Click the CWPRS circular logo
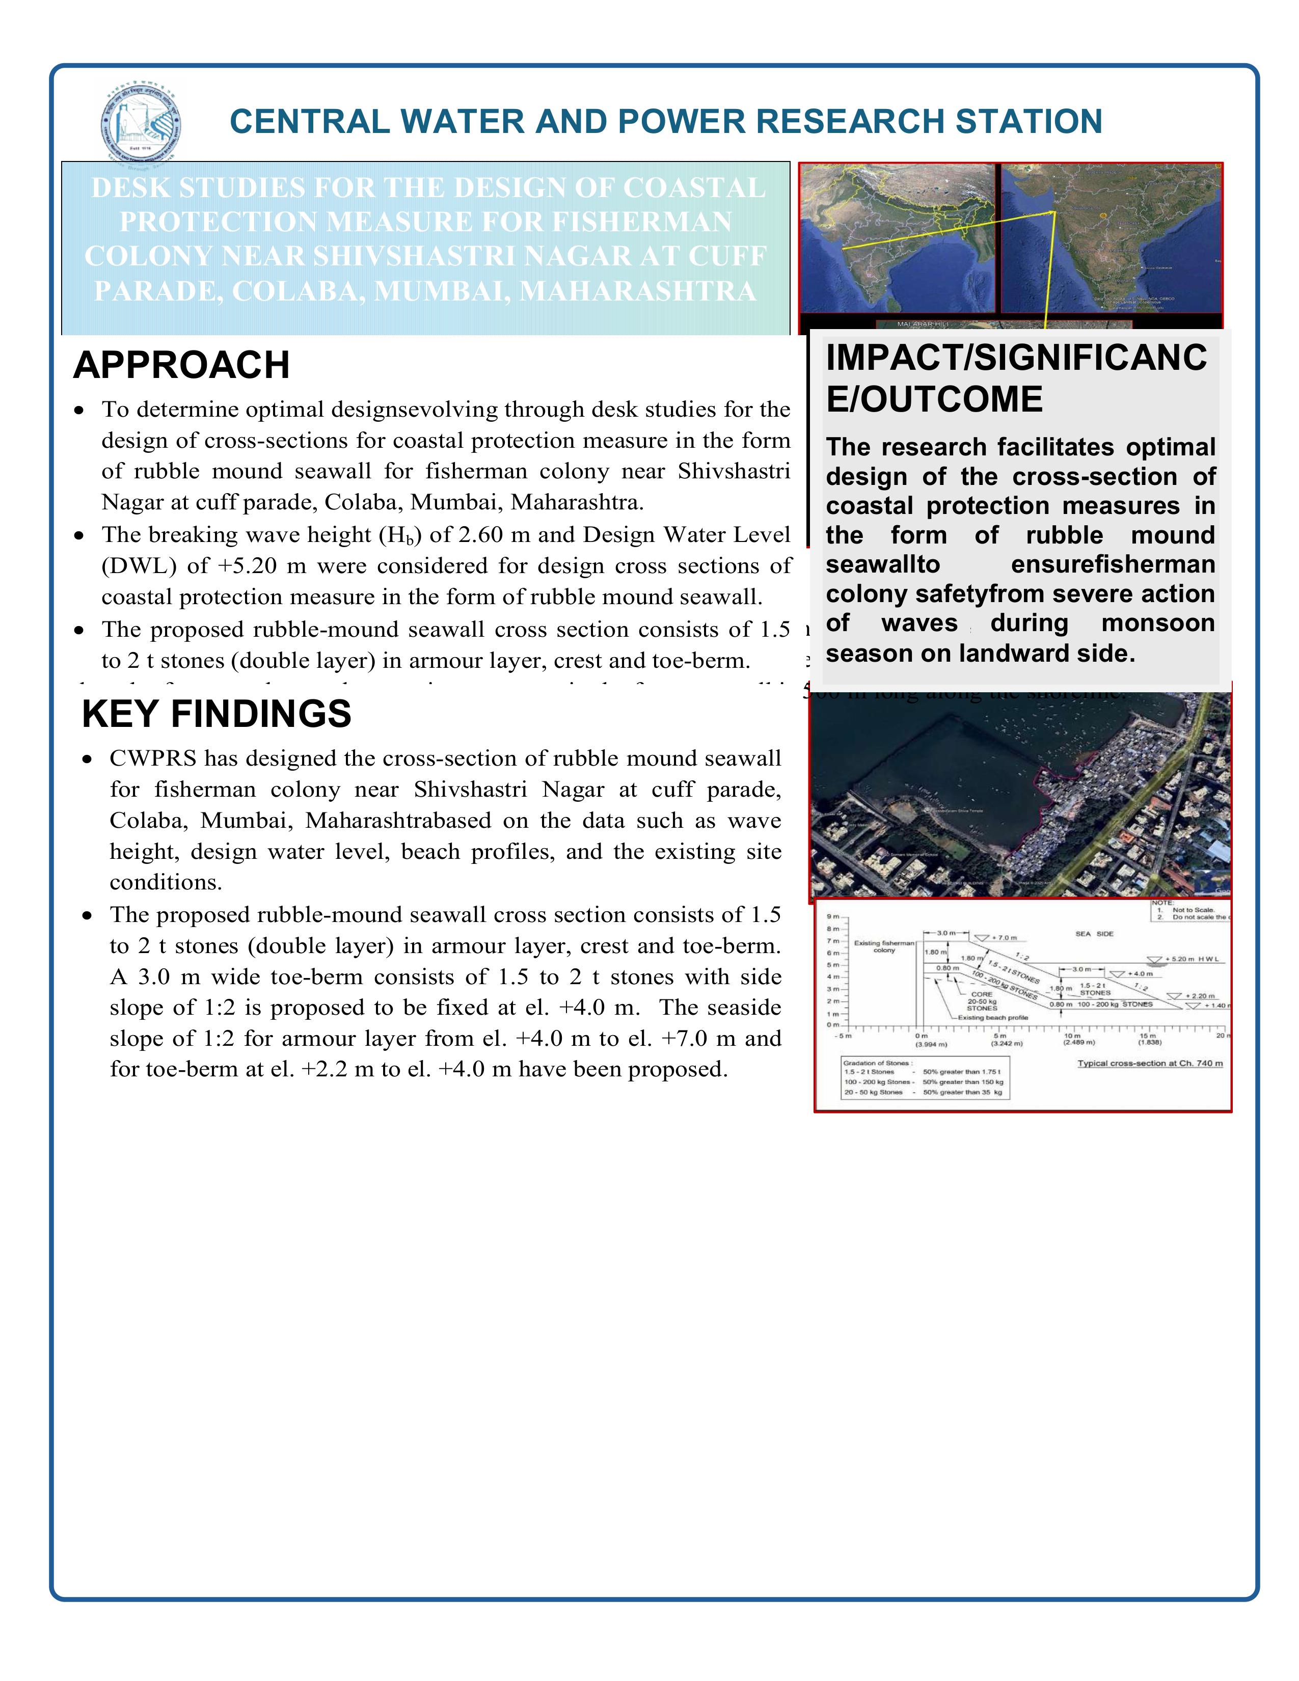pyautogui.click(x=142, y=122)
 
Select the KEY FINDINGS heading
pyautogui.click(x=216, y=714)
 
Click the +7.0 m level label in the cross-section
pyautogui.click(x=1004, y=937)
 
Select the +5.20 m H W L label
pyautogui.click(x=1193, y=959)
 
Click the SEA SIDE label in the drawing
pyautogui.click(x=1094, y=934)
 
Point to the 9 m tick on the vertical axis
pyautogui.click(x=833, y=917)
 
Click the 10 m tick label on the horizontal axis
pyautogui.click(x=1072, y=1036)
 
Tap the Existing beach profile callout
pyautogui.click(x=993, y=1018)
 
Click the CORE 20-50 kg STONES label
pyautogui.click(x=982, y=1000)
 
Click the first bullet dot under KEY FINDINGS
pyautogui.click(x=89, y=760)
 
